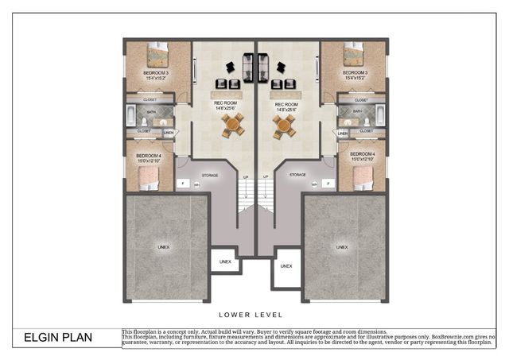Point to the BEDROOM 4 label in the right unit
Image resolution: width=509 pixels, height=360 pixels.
click(x=351, y=153)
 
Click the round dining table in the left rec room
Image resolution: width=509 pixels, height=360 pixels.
click(x=233, y=124)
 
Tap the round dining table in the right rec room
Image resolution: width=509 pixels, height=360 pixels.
click(x=284, y=124)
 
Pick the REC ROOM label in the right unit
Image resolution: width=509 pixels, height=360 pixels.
click(x=286, y=105)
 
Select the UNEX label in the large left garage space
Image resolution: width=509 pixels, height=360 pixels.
click(x=163, y=247)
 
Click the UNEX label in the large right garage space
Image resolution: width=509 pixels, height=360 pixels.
click(x=342, y=247)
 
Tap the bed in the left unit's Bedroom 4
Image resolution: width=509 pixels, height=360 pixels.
click(x=149, y=181)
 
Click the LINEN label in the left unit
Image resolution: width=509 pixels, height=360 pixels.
click(x=169, y=132)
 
